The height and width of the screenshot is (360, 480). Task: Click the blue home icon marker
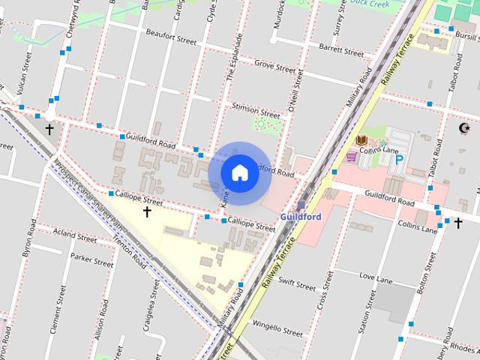(x=239, y=173)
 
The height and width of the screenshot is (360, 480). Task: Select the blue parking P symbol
(x=400, y=160)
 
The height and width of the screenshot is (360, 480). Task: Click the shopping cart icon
(x=351, y=156)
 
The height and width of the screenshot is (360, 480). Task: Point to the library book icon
(x=361, y=140)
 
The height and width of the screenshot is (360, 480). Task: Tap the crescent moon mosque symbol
(x=464, y=128)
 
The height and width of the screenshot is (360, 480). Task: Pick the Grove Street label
(x=274, y=66)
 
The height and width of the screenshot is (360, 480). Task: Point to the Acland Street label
(x=75, y=237)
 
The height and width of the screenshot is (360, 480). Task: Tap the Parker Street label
(x=91, y=260)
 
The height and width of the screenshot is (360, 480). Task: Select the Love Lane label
(x=376, y=278)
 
